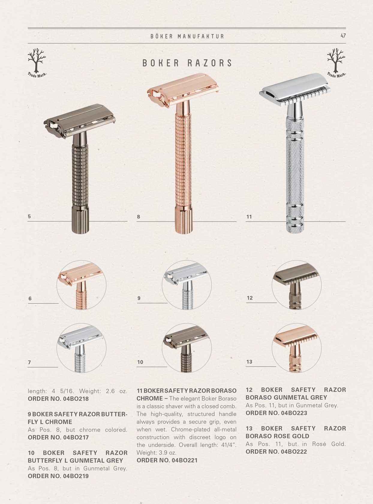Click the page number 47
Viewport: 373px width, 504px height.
tap(343, 36)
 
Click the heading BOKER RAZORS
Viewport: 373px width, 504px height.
tap(187, 63)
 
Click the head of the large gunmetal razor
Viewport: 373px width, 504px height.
tap(80, 121)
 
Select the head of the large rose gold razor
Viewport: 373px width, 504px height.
tap(183, 90)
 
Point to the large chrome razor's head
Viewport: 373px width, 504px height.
tap(295, 89)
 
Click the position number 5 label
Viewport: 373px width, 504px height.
tap(29, 216)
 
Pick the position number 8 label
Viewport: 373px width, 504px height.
tap(138, 217)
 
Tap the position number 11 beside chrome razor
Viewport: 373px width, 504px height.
tap(249, 217)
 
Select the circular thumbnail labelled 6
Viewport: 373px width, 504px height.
tap(81, 285)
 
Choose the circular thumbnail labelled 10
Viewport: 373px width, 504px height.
tap(187, 348)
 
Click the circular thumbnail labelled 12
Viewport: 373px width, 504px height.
tap(297, 285)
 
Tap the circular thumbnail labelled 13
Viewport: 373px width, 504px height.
tap(297, 348)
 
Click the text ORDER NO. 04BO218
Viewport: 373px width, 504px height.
tap(58, 399)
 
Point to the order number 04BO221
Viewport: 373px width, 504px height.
tap(185, 460)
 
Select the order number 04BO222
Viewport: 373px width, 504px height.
tap(294, 452)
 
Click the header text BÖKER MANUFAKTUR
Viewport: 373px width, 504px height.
tap(187, 36)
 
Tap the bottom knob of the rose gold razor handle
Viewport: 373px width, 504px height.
tap(184, 220)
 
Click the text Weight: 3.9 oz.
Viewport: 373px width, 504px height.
tap(157, 453)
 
